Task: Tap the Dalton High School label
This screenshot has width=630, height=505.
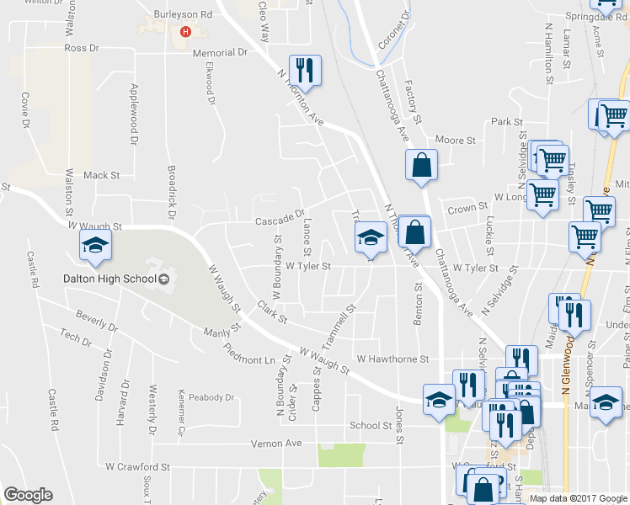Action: pos(109,279)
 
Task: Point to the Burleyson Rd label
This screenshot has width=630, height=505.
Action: pos(182,15)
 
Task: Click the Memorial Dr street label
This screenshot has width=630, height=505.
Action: pos(218,52)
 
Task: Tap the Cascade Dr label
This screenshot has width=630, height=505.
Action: pos(279,221)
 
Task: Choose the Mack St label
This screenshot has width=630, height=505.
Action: pos(102,175)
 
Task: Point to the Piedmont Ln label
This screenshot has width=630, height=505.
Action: pos(250,354)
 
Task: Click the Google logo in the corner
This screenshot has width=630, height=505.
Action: pos(28,495)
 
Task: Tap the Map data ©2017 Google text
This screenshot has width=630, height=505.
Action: pos(579,498)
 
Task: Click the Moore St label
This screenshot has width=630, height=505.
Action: pos(456,140)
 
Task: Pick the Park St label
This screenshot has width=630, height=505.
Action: pos(508,122)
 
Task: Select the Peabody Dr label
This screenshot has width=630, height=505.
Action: pos(211,397)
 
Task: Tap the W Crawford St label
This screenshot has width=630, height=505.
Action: pos(138,465)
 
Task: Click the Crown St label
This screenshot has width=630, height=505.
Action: pos(467,208)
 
